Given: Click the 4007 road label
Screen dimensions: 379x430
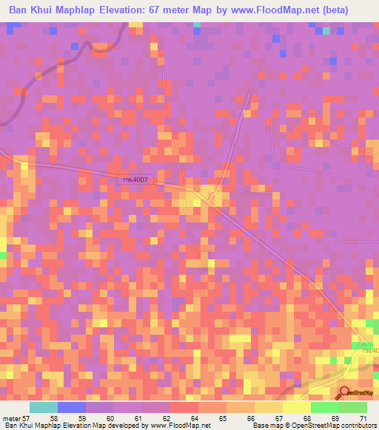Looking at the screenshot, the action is pos(134,179).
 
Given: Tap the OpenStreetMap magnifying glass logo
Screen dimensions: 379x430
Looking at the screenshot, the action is pos(345,394).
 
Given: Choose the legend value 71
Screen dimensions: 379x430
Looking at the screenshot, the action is pos(363,417).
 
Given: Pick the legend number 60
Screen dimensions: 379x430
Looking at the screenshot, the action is pos(110,417).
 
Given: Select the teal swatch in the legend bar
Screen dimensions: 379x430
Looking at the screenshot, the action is pos(43,407).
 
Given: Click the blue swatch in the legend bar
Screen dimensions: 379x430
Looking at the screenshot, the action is pos(72,407).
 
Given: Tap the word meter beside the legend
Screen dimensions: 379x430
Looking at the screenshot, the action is pos(10,417).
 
